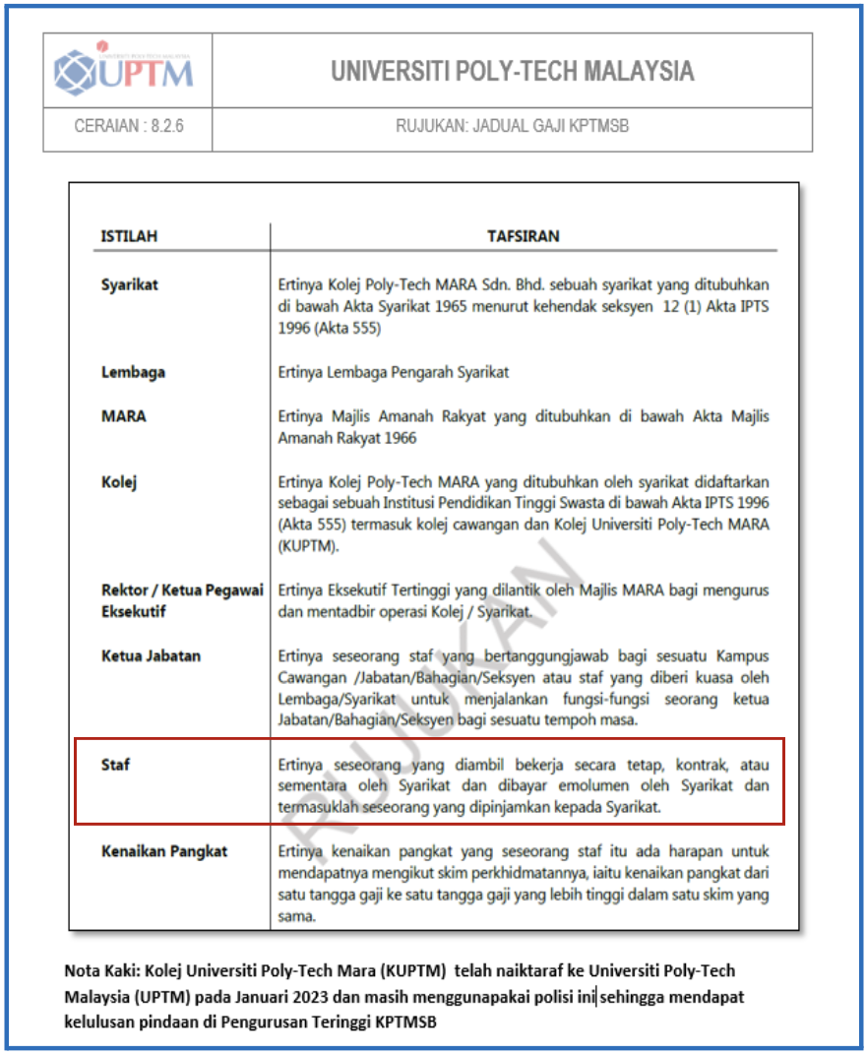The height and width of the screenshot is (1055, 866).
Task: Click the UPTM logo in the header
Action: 126,70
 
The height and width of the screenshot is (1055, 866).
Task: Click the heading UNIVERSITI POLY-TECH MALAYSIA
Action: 512,71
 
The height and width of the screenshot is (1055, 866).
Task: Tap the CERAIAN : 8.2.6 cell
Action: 127,126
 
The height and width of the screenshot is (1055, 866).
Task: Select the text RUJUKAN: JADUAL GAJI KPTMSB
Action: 512,126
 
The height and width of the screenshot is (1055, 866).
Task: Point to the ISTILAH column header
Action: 129,236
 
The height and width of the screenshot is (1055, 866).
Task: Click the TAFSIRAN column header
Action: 523,236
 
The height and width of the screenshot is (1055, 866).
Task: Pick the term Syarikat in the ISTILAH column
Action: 130,285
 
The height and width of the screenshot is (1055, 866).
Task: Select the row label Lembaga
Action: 133,372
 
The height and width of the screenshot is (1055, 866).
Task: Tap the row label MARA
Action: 123,416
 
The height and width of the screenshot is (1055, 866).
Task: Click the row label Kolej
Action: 119,481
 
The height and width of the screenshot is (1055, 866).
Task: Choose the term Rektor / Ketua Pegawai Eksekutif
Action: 182,600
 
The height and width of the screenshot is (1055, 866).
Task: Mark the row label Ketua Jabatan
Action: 151,656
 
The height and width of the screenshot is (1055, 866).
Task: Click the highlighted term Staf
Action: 115,765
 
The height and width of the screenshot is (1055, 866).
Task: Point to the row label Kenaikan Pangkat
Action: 164,850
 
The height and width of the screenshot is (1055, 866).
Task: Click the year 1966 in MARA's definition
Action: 397,438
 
